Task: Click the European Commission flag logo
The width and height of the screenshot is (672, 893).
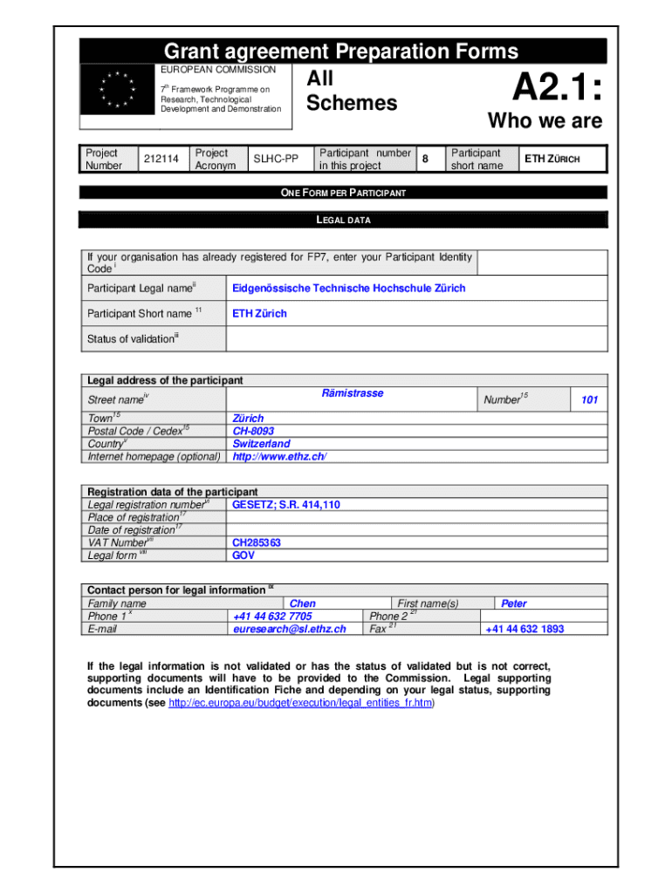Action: click(x=117, y=89)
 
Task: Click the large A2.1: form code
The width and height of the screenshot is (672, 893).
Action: click(x=556, y=87)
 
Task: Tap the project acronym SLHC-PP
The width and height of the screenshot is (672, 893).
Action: click(x=275, y=159)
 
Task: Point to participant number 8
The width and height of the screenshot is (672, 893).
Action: click(x=425, y=159)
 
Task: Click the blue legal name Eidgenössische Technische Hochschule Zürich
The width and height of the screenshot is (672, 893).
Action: click(x=348, y=288)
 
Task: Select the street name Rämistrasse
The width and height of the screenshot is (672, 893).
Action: click(x=353, y=393)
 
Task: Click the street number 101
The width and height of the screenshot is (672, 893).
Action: click(x=589, y=400)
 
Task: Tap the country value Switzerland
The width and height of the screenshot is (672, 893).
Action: click(x=261, y=444)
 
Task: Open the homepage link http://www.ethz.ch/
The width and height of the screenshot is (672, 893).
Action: click(x=279, y=457)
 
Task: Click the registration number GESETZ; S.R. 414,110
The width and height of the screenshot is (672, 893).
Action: click(x=285, y=505)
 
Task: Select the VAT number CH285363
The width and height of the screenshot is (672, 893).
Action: click(x=257, y=542)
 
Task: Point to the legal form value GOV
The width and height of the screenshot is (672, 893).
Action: click(x=243, y=555)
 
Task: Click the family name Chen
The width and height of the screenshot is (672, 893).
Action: click(x=302, y=603)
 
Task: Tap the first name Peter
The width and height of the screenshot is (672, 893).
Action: click(x=513, y=603)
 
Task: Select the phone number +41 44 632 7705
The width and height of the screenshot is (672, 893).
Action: click(x=272, y=617)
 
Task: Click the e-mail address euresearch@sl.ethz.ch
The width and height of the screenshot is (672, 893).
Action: click(x=289, y=629)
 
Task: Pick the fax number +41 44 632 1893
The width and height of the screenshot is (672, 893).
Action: click(x=525, y=629)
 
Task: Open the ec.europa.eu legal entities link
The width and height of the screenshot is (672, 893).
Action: click(x=300, y=703)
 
